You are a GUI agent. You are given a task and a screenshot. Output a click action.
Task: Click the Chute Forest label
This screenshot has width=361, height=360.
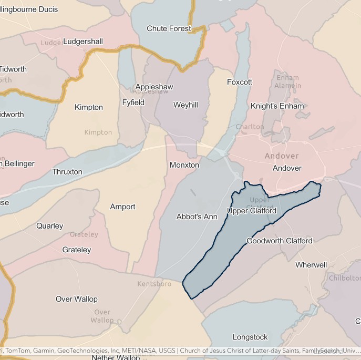[x=169, y=28]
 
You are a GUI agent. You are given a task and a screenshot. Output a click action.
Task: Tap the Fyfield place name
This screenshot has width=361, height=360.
[x=133, y=102]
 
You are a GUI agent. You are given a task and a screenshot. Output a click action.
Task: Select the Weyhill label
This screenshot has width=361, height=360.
[x=185, y=105]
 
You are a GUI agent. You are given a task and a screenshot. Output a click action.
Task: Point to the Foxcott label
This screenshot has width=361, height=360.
[x=239, y=82]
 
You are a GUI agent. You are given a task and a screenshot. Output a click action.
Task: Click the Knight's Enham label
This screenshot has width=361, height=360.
[x=277, y=106]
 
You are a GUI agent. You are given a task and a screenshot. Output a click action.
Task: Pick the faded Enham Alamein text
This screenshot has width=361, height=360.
[x=287, y=81]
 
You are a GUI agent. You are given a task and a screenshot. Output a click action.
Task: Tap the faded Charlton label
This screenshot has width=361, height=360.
[x=250, y=127]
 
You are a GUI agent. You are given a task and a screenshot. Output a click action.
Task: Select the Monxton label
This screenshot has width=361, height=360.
[x=184, y=165]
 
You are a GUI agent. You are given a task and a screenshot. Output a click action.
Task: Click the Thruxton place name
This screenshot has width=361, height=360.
[x=67, y=172]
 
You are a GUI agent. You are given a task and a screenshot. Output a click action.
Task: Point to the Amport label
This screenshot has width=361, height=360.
[x=122, y=207]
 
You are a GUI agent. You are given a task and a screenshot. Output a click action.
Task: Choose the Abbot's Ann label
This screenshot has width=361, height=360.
[x=197, y=217]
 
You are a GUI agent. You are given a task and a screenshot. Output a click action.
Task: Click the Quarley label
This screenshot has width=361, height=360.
[x=49, y=226]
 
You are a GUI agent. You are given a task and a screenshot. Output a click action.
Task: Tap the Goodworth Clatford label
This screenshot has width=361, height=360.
[x=279, y=241]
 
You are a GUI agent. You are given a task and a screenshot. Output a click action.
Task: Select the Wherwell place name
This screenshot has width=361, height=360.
[x=311, y=265]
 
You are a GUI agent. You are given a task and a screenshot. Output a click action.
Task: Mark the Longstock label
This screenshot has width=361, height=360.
[x=250, y=337]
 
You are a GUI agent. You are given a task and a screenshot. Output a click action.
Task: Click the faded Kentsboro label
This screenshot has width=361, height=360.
[x=154, y=284]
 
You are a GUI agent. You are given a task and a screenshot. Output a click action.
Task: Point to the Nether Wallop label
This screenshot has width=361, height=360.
[x=116, y=357]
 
